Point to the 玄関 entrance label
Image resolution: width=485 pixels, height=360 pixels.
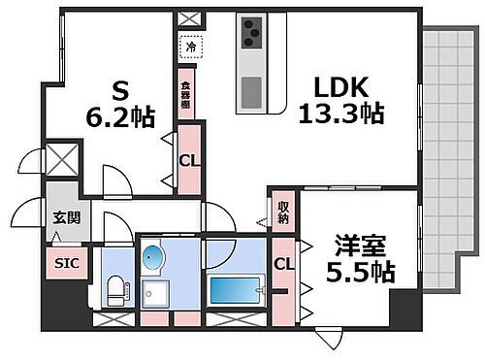click(x=66, y=218)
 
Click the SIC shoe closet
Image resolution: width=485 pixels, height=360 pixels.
click(x=66, y=263)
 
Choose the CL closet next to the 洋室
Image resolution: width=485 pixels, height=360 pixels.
click(x=283, y=264)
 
